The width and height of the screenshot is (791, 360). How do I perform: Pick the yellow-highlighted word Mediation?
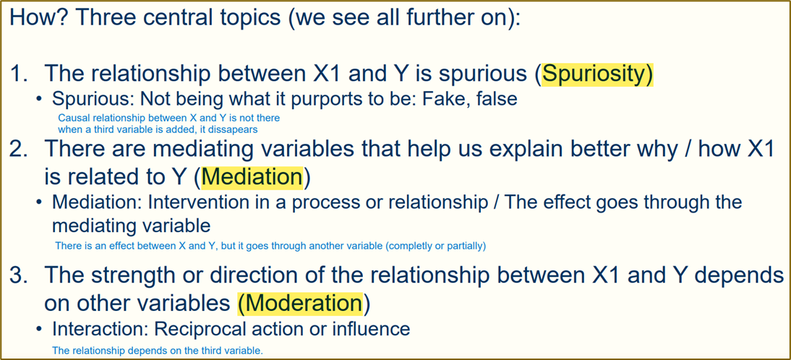pyautogui.click(x=253, y=177)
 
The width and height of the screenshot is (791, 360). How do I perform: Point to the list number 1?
pyautogui.click(x=20, y=74)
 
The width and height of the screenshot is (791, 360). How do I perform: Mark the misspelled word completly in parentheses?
pyautogui.click(x=411, y=247)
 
